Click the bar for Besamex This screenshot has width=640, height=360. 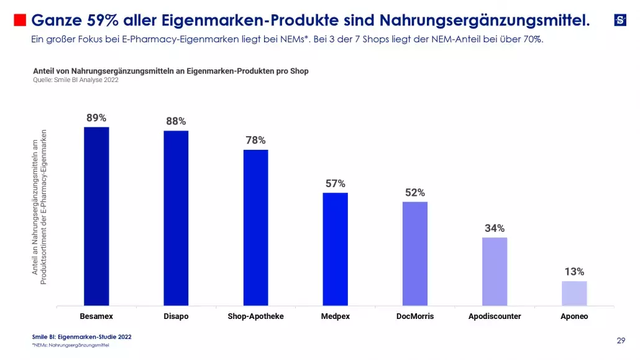(96, 216)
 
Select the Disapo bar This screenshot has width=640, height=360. (176, 218)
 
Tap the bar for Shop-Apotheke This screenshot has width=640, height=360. (255, 228)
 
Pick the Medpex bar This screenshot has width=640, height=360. (335, 249)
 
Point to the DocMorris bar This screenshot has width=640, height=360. (415, 254)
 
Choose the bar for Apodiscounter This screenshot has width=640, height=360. (495, 271)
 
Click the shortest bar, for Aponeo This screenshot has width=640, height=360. (574, 293)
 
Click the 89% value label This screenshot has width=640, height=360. (96, 118)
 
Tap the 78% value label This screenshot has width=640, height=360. (255, 140)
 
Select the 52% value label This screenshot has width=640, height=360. (415, 193)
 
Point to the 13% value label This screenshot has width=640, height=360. (574, 272)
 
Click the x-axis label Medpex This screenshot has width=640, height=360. (335, 316)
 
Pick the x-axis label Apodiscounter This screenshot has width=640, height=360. (495, 316)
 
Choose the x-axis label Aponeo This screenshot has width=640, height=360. (574, 316)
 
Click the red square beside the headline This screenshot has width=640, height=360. (20, 21)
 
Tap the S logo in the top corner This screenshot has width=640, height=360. (620, 20)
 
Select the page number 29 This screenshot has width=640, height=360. (621, 340)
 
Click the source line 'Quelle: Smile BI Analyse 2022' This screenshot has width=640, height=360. (75, 80)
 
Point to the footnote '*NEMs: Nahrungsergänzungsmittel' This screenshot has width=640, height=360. (71, 345)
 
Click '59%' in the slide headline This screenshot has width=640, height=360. (98, 21)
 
